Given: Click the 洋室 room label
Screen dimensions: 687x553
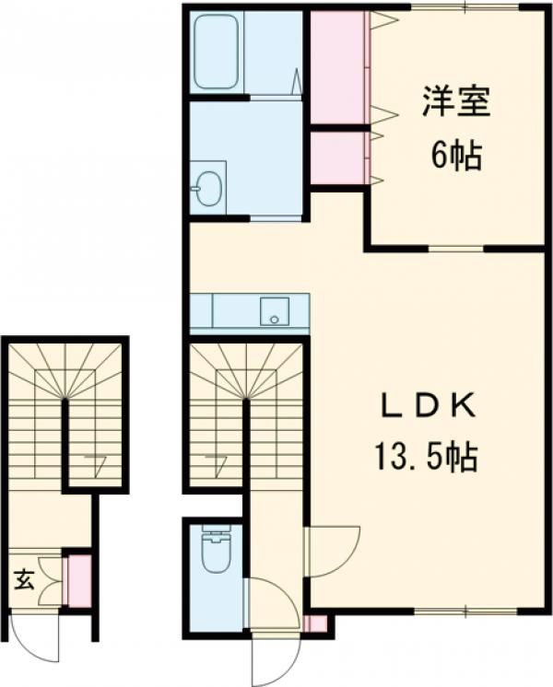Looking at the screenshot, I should coord(455,101).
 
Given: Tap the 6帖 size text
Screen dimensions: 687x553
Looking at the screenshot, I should coord(453,157).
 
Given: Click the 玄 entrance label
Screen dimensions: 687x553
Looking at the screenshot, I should coord(25,580).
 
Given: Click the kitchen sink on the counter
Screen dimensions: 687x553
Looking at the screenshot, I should coord(274,311).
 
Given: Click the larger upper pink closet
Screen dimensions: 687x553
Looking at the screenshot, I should coord(338,66).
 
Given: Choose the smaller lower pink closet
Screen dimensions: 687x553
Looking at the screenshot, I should coord(338,157).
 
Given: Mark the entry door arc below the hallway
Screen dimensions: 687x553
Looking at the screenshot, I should coord(274,656).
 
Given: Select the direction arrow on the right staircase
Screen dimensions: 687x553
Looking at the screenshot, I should coord(217,463).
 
